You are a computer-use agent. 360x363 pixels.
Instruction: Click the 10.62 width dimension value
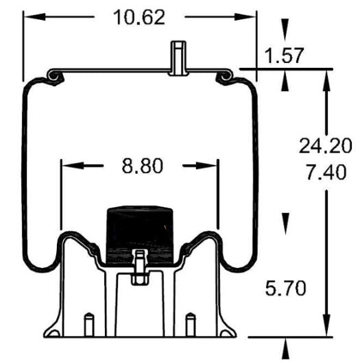[x=140, y=18]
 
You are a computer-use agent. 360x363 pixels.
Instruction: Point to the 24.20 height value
[x=325, y=145]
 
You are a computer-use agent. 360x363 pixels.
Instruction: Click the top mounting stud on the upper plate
[x=177, y=57]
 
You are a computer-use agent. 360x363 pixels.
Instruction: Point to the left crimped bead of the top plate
[x=53, y=77]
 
